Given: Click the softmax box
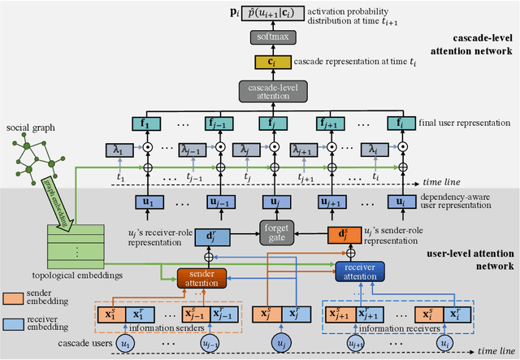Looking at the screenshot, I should pos(267,37).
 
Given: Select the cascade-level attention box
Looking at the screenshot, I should pos(267,91).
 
